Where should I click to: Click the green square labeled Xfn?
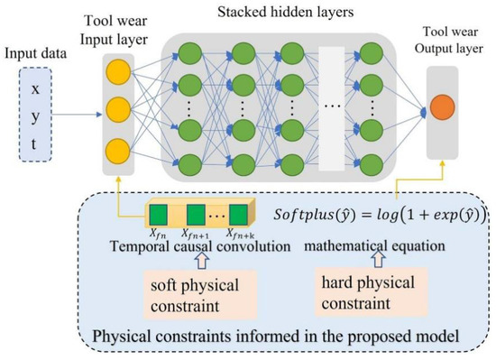pos(159,216)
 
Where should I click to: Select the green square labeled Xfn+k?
pos(237,216)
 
